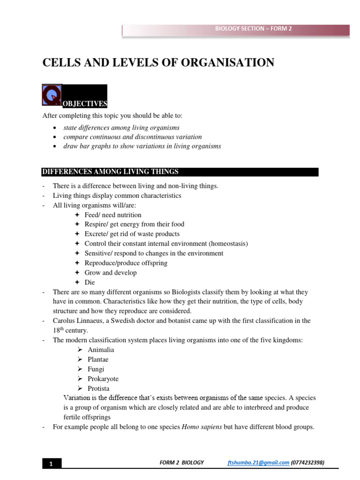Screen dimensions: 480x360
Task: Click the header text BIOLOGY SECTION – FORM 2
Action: click(253, 29)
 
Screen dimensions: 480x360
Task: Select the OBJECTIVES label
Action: click(85, 104)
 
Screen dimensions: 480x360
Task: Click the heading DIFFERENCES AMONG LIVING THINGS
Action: click(110, 172)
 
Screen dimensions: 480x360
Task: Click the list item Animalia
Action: click(101, 350)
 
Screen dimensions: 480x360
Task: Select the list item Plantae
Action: click(98, 360)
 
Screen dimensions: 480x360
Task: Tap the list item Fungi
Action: click(96, 369)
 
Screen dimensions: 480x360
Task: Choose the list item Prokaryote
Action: click(103, 379)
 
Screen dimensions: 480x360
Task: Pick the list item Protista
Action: click(98, 389)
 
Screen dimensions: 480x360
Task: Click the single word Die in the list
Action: click(90, 282)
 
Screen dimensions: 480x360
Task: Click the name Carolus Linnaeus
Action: click(77, 321)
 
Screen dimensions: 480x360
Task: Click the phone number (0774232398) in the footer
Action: click(307, 463)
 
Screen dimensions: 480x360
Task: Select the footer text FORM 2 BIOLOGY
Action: click(182, 463)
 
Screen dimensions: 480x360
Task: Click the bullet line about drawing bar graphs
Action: click(142, 146)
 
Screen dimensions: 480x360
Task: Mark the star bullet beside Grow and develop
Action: click(77, 273)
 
